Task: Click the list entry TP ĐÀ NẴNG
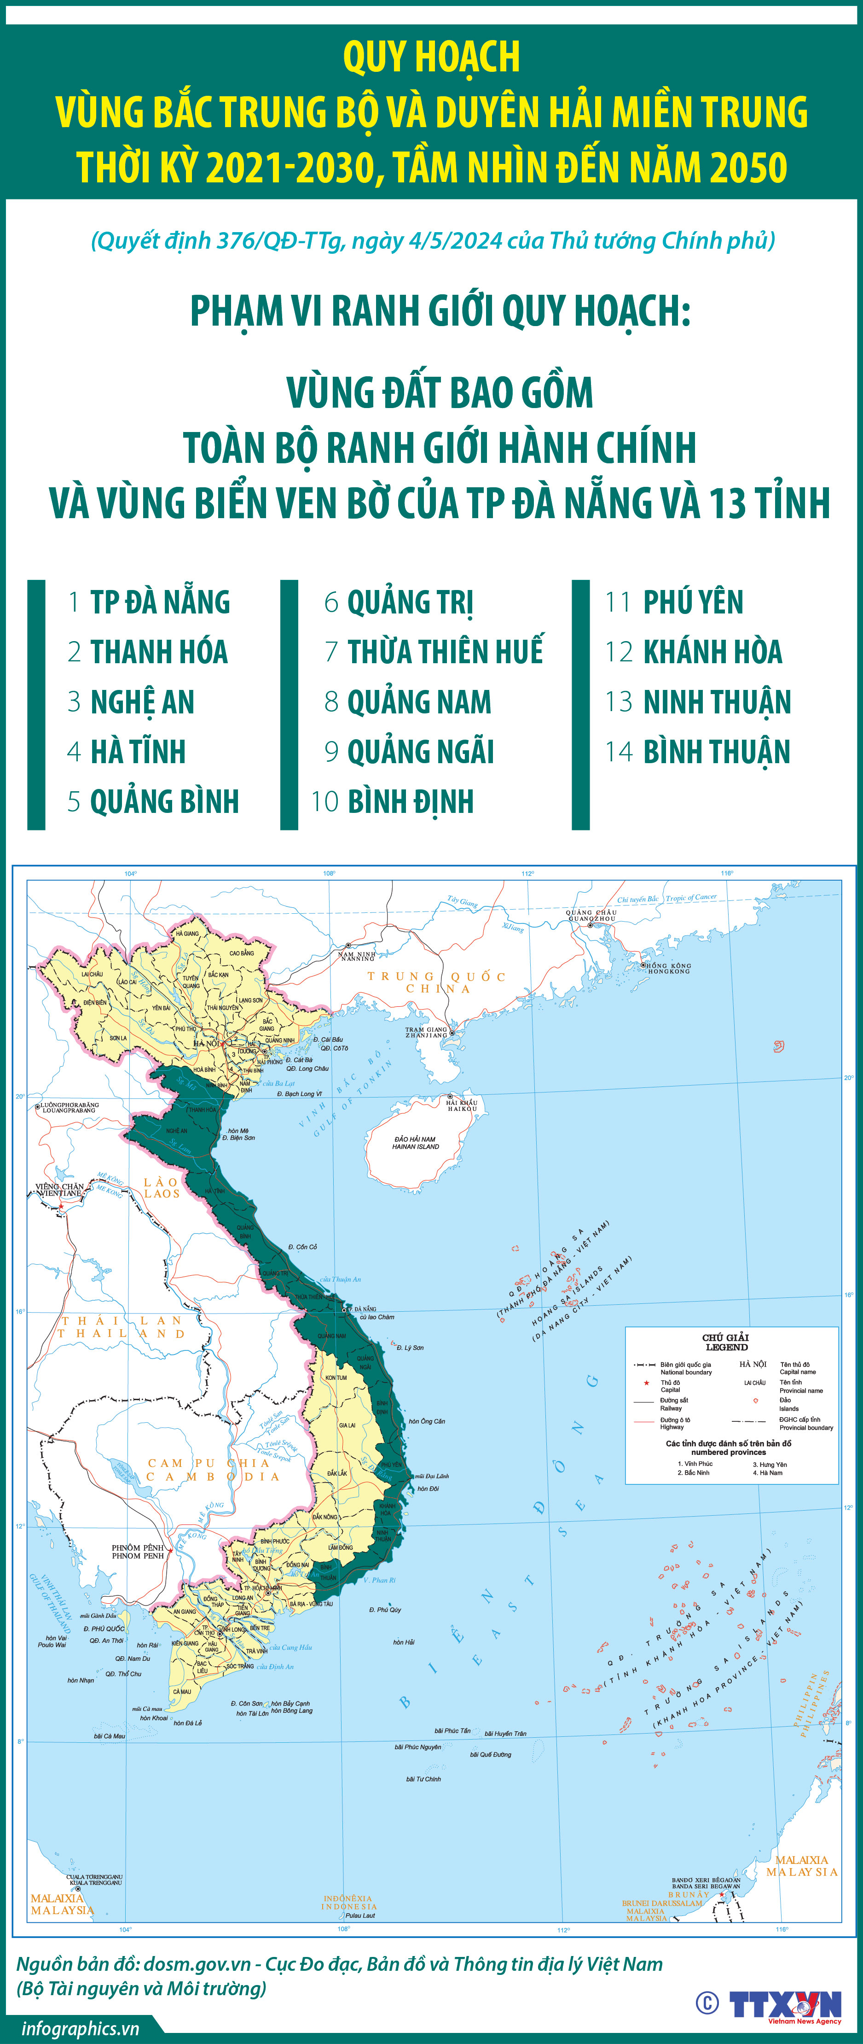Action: click(x=159, y=602)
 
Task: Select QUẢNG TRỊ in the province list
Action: click(x=410, y=602)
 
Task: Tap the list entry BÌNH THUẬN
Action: click(x=716, y=752)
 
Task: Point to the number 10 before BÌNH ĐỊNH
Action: click(x=325, y=801)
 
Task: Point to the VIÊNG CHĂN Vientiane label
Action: click(x=59, y=1190)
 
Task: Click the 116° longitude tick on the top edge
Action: click(x=727, y=873)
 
